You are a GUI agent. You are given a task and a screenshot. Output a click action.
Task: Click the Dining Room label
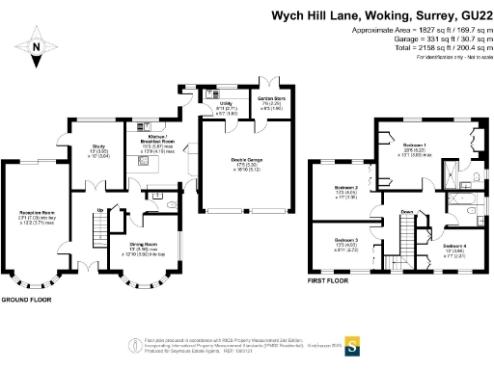point(144,245)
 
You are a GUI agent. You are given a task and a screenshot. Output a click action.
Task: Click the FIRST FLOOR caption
point(329,282)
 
